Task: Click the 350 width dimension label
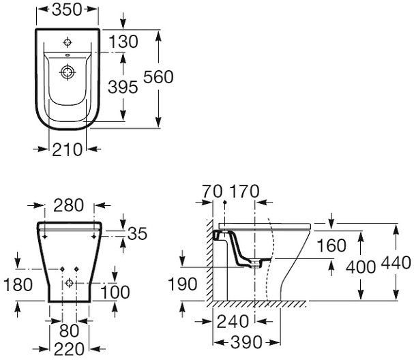pyautogui.click(x=68, y=10)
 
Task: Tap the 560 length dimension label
pyautogui.click(x=158, y=77)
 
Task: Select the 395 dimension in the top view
pyautogui.click(x=123, y=87)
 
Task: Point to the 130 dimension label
pyautogui.click(x=123, y=42)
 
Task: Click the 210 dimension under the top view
pyautogui.click(x=68, y=149)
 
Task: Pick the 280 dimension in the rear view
pyautogui.click(x=69, y=205)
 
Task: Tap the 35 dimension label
pyautogui.click(x=137, y=233)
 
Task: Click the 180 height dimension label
pyautogui.click(x=18, y=285)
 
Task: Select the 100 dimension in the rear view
pyautogui.click(x=115, y=292)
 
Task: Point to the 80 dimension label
pyautogui.click(x=69, y=331)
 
